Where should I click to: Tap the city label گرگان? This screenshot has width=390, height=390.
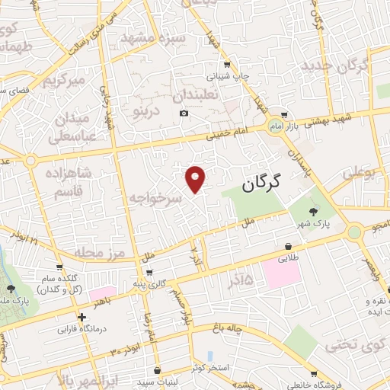[x=261, y=183]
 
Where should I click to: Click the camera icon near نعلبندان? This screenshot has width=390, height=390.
[x=184, y=113]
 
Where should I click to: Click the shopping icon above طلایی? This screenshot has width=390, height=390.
[x=289, y=247]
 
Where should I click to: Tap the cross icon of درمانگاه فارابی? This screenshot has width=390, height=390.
[x=82, y=317]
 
